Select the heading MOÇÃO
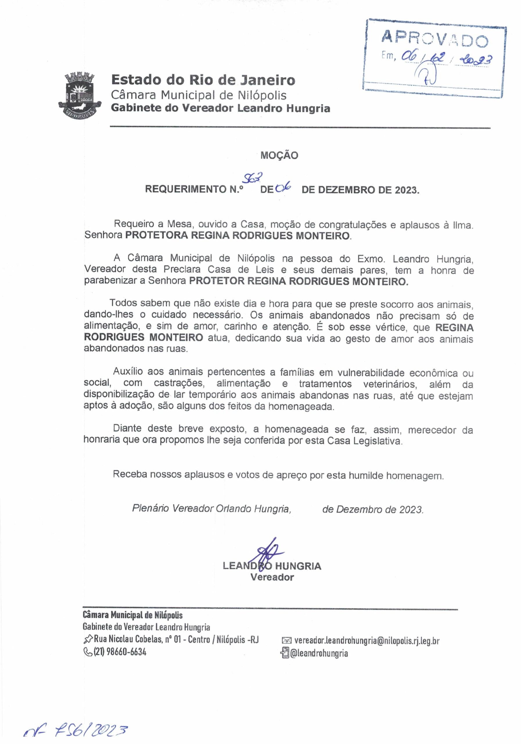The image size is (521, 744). tap(279, 155)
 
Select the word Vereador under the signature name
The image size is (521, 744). tap(272, 577)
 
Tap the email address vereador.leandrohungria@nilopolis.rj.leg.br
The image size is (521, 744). tap(367, 640)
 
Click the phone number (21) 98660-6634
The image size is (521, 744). tap(120, 652)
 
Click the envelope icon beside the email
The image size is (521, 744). tap(287, 641)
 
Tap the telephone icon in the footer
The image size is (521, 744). tap(87, 652)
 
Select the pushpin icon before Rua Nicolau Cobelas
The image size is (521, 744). tap(88, 640)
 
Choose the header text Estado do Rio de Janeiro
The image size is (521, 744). tap(203, 80)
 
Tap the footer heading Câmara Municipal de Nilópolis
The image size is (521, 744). tap(133, 615)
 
